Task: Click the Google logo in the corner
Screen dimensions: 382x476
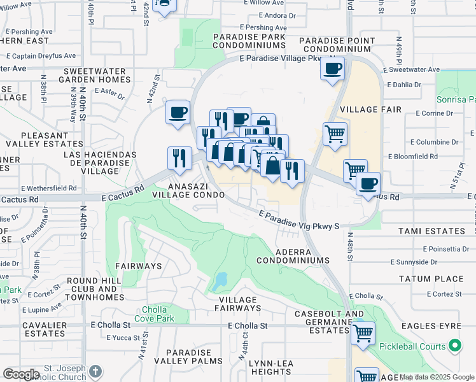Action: click(x=21, y=374)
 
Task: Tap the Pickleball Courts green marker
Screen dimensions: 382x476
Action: click(x=455, y=346)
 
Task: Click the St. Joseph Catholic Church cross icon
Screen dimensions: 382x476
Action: click(x=95, y=371)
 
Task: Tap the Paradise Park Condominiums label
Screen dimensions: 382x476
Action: click(x=248, y=41)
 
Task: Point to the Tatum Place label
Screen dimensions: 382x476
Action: click(x=431, y=279)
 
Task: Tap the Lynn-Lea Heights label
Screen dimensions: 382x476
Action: click(x=270, y=367)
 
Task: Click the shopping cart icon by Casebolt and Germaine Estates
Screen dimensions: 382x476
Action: click(x=362, y=332)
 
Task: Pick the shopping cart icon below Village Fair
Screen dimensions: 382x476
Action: click(x=335, y=134)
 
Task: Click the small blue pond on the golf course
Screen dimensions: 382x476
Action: click(x=221, y=280)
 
